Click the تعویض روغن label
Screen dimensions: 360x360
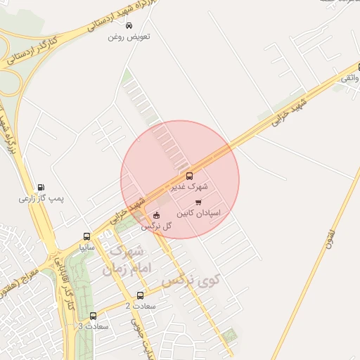[x=129, y=36]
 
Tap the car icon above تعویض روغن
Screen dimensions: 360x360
[x=128, y=25]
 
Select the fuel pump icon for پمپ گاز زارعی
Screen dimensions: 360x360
[x=41, y=188]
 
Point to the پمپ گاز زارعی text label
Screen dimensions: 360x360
[x=41, y=199]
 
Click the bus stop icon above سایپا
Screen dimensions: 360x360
[x=86, y=237]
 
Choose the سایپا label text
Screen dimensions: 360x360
[x=86, y=247]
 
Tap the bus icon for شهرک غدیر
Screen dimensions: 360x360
[x=188, y=176]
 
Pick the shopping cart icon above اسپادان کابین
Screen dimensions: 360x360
[x=198, y=202]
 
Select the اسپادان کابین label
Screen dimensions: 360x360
[x=198, y=212]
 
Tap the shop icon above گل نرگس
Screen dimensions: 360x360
[x=155, y=215]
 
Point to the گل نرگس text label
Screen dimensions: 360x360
[x=156, y=226]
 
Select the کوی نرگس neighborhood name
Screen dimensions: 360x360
[x=191, y=281]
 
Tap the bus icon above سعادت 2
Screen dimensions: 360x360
[x=140, y=295]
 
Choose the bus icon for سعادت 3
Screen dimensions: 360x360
[x=93, y=316]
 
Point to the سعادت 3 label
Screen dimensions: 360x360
[x=92, y=326]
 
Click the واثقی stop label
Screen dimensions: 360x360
[x=349, y=78]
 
